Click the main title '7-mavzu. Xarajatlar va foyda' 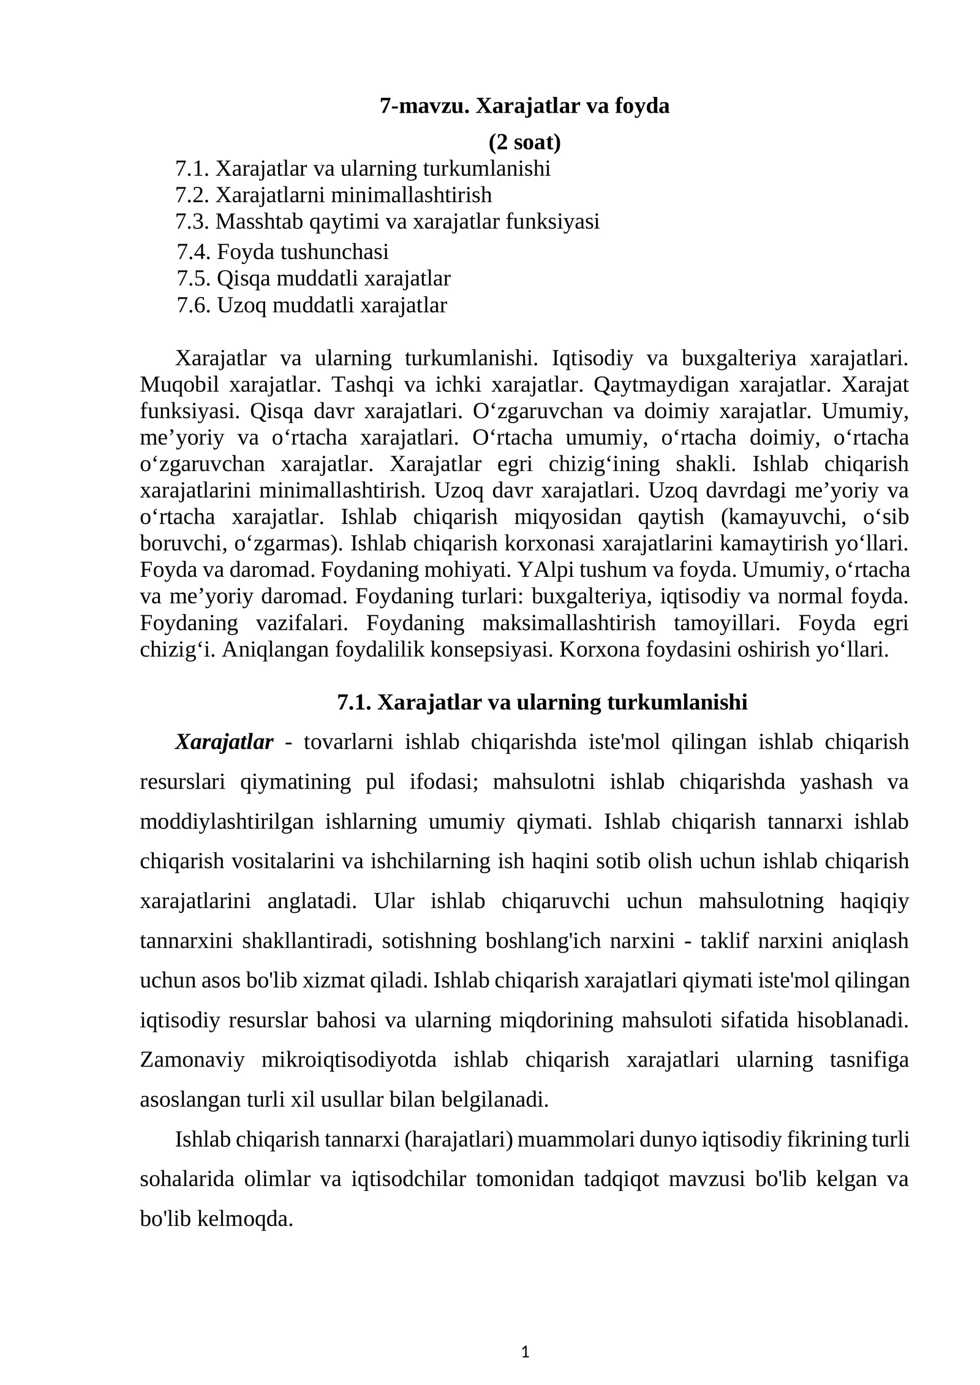[524, 106]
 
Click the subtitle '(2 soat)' [524, 142]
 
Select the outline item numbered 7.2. [333, 195]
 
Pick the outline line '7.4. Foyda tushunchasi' [282, 252]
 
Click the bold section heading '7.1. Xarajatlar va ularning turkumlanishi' [542, 702]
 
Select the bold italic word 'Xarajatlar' [224, 742]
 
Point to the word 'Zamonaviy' [192, 1060]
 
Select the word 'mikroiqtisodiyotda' [349, 1060]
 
